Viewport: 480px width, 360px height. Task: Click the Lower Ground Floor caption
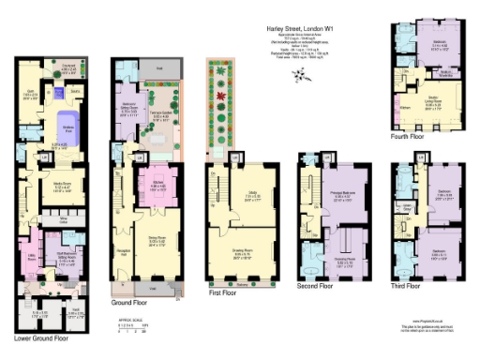tap(44, 337)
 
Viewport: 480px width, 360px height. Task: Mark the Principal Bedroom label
tap(324, 197)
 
